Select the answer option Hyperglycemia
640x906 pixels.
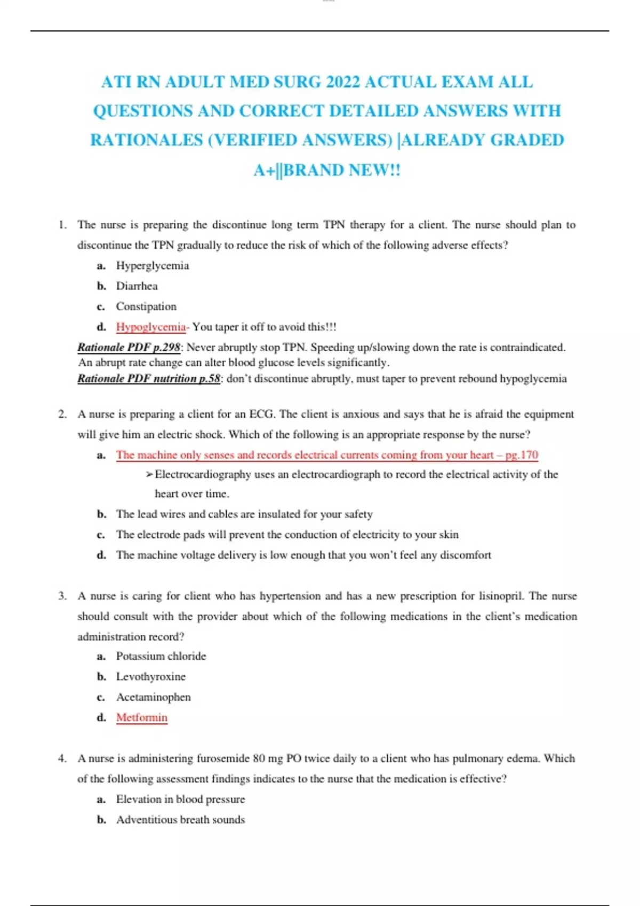(153, 265)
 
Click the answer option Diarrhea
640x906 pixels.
(137, 286)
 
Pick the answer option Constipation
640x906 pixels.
(146, 306)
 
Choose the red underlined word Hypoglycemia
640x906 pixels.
(151, 327)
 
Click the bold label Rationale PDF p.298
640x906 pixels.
(129, 347)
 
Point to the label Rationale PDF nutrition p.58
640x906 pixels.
(149, 378)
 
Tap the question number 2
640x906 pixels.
(62, 414)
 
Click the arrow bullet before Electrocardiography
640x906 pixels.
(149, 474)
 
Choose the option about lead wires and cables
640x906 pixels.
(244, 514)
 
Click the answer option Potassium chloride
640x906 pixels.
(161, 656)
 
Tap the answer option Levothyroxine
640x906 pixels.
(151, 677)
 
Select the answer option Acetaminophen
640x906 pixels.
(153, 697)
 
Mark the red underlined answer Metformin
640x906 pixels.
(142, 717)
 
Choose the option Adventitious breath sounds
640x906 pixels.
(180, 820)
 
